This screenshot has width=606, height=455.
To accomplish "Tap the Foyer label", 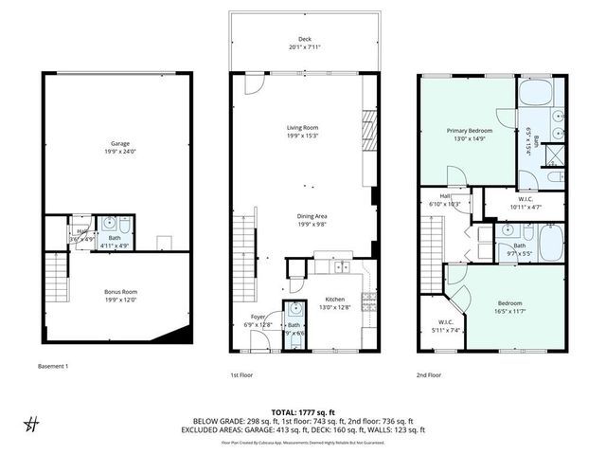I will [258, 320].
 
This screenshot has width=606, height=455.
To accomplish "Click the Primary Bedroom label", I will [469, 134].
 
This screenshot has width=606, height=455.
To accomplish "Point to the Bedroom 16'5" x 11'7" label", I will [508, 307].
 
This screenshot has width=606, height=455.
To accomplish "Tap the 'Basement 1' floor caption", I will [53, 367].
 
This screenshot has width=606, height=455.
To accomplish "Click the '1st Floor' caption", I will [241, 375].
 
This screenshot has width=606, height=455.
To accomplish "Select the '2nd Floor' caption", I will [429, 375].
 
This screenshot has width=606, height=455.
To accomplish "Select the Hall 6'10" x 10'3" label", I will [444, 200].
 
